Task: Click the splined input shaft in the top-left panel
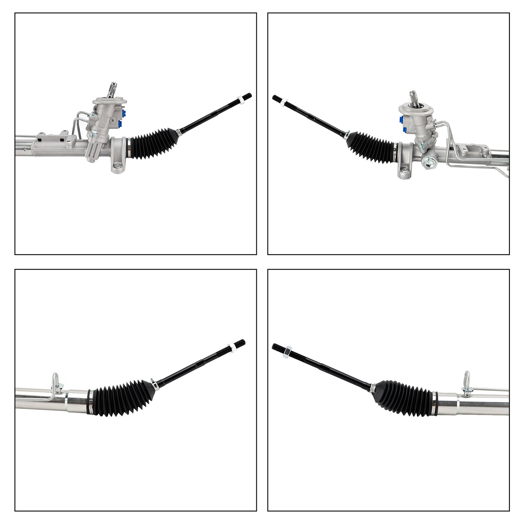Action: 112,90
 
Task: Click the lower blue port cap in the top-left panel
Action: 120,123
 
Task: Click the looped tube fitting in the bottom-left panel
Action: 55,380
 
